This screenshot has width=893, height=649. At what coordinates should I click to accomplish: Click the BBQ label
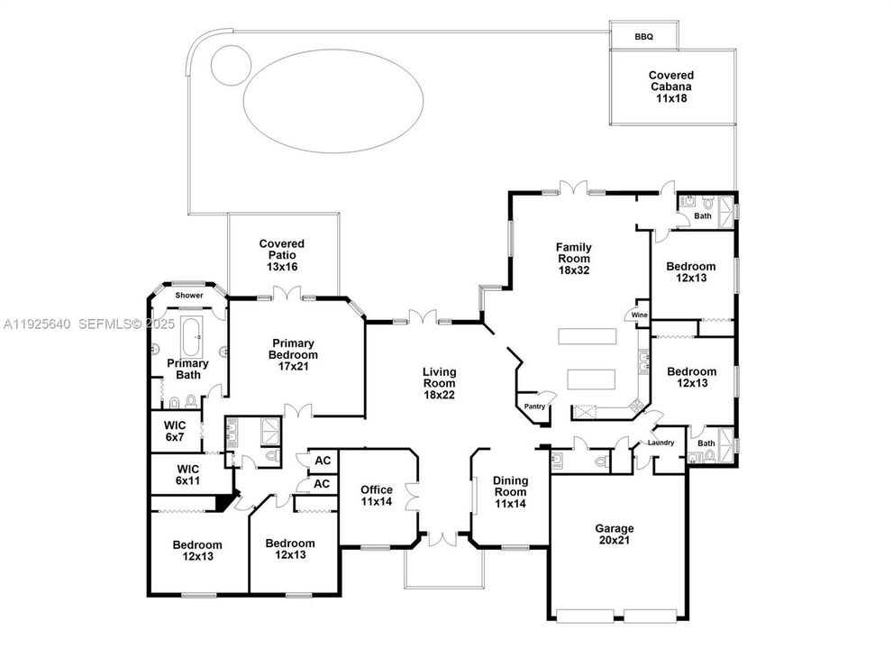643,37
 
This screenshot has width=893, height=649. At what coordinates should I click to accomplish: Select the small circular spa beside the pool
230,63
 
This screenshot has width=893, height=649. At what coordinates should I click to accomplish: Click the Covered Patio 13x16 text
281,256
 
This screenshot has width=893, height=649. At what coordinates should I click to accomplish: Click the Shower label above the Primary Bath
189,296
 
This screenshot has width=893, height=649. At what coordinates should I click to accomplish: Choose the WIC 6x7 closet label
174,431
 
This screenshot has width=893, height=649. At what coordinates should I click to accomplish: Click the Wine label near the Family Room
638,315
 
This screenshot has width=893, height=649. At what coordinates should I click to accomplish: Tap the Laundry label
661,442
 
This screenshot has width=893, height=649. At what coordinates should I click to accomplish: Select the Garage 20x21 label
615,535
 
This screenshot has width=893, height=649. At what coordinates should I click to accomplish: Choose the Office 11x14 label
377,495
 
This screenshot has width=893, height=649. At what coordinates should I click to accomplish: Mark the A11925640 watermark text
36,323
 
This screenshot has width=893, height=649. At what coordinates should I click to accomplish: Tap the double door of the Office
413,496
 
